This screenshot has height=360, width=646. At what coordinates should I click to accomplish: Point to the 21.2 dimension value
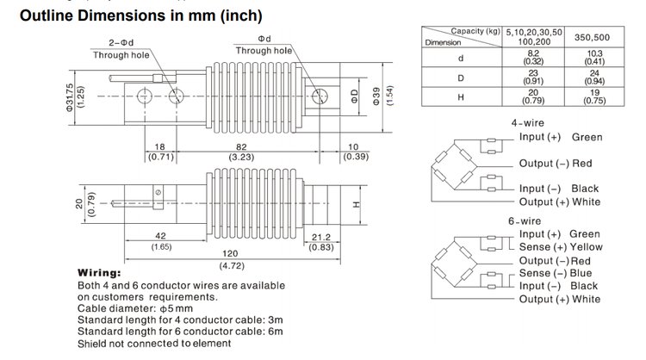321,235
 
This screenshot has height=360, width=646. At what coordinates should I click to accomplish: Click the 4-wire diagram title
527,122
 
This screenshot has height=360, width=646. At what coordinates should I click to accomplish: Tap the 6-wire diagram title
525,220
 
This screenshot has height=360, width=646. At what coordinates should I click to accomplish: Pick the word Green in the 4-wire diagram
586,137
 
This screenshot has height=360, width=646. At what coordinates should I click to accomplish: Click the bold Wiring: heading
102,272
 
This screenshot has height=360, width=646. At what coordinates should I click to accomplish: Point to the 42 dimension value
161,235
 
